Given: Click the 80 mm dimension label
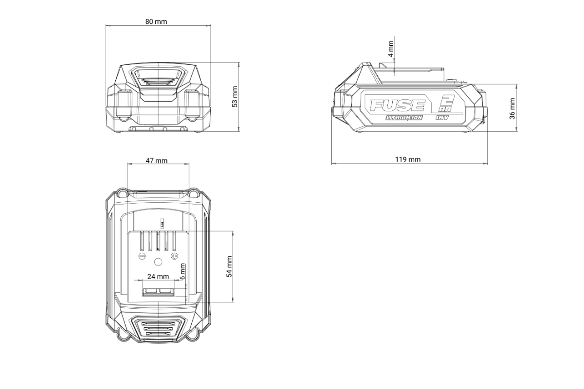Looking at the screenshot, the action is click(x=156, y=21).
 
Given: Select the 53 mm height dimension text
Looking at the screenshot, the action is click(x=235, y=96).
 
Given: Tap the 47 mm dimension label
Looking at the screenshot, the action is click(x=156, y=160).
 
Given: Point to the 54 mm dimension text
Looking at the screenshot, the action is click(x=229, y=266).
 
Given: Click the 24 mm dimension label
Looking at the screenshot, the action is click(x=158, y=277).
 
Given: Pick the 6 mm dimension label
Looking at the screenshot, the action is click(x=182, y=271).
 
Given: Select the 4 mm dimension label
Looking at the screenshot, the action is click(x=390, y=49).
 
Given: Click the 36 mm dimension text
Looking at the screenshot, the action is click(x=512, y=108).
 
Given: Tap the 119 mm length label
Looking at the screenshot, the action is click(x=408, y=159).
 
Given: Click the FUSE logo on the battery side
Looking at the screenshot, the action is click(x=397, y=105).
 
